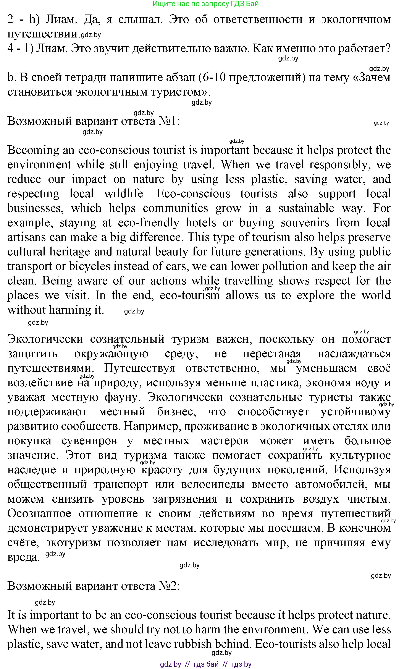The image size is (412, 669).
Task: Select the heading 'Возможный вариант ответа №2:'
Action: pyautogui.click(x=94, y=586)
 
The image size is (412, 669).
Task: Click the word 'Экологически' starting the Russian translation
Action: pyautogui.click(x=45, y=339)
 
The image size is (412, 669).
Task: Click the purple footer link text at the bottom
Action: pyautogui.click(x=206, y=664)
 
